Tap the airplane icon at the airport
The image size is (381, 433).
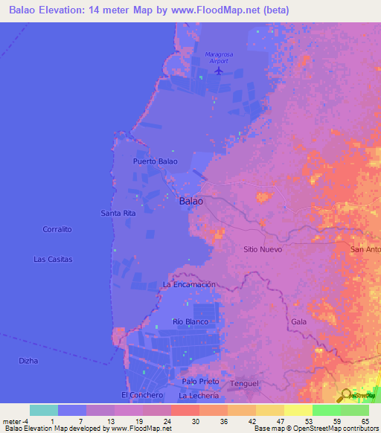click(x=217, y=71)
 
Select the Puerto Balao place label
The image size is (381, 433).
click(x=155, y=161)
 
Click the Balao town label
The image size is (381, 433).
click(x=191, y=201)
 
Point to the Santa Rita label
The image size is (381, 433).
click(x=118, y=214)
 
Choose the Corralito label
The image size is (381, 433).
click(x=57, y=229)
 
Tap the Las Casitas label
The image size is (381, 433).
click(x=53, y=259)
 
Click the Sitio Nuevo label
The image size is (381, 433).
click(x=263, y=249)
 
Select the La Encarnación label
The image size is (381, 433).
click(x=189, y=284)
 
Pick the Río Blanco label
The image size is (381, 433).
click(x=190, y=321)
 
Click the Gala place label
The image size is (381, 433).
click(x=299, y=321)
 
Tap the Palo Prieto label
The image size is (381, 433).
click(x=200, y=381)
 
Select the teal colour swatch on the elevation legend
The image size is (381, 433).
click(x=43, y=410)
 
